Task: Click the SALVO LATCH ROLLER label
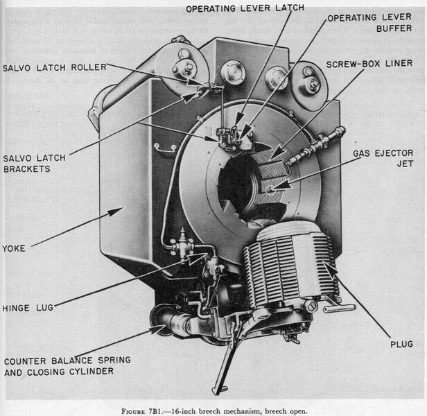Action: tap(53, 68)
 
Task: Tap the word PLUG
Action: tap(401, 344)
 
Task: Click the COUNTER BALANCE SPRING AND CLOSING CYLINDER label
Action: tap(67, 367)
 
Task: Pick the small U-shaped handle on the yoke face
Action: tap(164, 147)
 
